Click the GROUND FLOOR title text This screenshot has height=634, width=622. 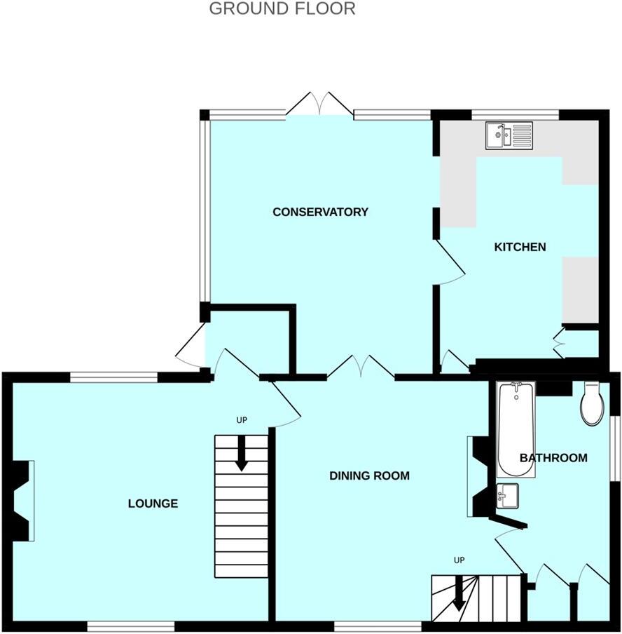tap(282, 9)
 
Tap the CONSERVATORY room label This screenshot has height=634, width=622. tap(320, 212)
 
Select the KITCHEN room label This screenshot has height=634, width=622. tap(520, 247)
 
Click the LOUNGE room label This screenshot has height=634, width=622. tap(153, 504)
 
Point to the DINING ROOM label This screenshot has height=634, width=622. tap(369, 475)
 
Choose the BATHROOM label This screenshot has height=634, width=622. tap(553, 458)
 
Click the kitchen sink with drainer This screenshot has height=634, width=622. tap(509, 135)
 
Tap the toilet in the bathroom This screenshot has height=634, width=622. tap(592, 405)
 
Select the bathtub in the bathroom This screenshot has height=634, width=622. tap(516, 429)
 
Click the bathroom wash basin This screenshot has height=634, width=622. tap(507, 497)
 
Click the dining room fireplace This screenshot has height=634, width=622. tap(479, 476)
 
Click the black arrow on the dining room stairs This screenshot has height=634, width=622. tap(459, 593)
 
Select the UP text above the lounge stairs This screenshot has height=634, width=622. tap(242, 420)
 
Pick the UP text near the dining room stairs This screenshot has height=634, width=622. tap(459, 560)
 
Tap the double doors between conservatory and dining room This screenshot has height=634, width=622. tap(361, 367)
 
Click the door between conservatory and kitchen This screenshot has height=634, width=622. tap(450, 262)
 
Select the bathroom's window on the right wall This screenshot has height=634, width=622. tap(615, 449)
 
